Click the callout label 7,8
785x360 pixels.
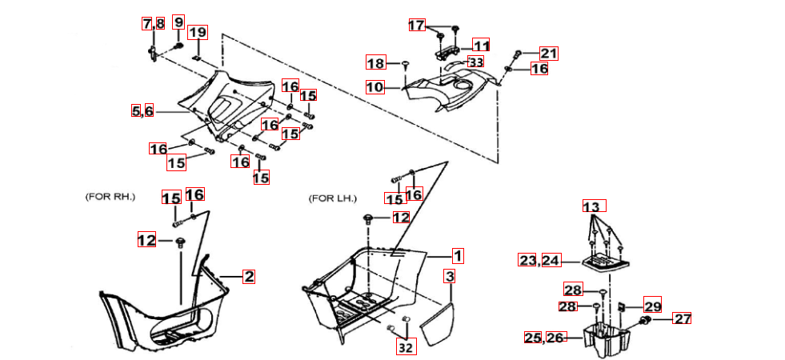154,23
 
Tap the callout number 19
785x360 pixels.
198,33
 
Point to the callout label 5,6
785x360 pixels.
143,111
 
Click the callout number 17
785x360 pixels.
417,25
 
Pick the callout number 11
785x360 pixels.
481,46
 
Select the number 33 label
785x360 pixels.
476,62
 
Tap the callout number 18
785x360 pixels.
376,63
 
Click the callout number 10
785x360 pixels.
376,86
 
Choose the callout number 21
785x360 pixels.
548,54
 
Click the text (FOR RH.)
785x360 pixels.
110,196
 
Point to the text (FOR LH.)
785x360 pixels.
333,198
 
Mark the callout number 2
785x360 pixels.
249,277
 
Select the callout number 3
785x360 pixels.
451,277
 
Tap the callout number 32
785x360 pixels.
407,347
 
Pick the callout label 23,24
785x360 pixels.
539,260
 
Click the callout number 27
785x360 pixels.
681,318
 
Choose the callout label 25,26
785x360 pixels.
544,338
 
